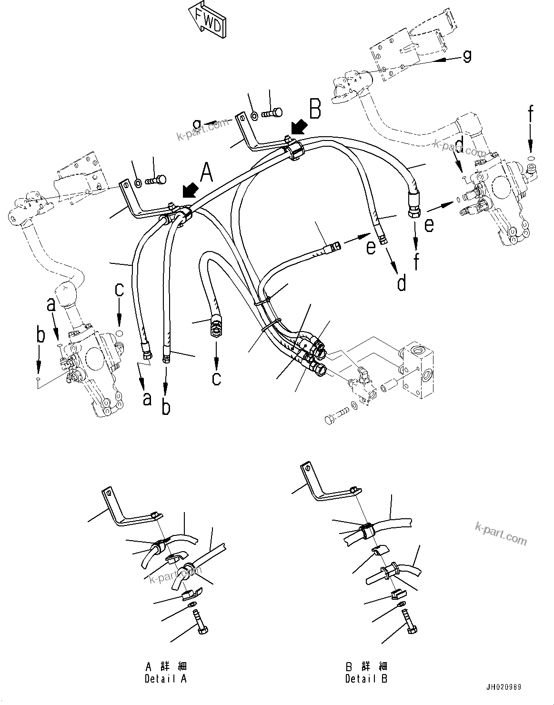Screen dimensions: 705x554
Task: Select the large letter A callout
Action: click(205, 172)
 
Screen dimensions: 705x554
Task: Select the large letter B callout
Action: click(315, 108)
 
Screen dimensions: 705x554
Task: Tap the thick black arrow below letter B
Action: click(299, 128)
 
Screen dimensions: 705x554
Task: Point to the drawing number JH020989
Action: click(504, 687)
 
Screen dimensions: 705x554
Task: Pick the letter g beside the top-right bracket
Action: click(467, 56)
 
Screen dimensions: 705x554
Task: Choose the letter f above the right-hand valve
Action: click(530, 116)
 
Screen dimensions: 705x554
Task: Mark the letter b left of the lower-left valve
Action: click(40, 335)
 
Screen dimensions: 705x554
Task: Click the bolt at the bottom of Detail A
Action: click(201, 624)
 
